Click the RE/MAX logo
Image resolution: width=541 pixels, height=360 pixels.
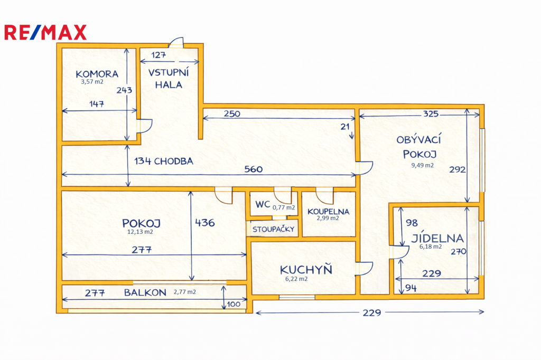click(45, 32)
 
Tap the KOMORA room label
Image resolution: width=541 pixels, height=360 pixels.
click(97, 74)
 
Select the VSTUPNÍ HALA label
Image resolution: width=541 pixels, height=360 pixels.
click(169, 78)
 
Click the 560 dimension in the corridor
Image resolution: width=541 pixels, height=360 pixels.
click(254, 169)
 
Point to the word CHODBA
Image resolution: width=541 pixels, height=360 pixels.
click(173, 161)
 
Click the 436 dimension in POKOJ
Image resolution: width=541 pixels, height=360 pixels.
click(205, 223)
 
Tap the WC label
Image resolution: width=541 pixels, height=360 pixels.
click(263, 204)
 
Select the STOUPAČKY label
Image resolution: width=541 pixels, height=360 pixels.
click(274, 229)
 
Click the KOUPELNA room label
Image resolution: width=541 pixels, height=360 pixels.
click(329, 211)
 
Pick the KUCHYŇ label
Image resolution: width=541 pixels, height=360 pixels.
click(306, 269)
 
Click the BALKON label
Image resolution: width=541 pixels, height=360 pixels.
click(145, 292)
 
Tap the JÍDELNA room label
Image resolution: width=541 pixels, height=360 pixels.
click(437, 238)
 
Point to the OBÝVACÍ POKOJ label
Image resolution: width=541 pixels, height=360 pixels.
click(419, 147)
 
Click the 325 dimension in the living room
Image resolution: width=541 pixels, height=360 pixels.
click(431, 113)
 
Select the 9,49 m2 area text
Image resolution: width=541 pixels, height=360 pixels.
click(422, 165)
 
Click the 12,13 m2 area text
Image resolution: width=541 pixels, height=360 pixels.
click(140, 232)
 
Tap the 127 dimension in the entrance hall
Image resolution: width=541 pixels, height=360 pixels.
click(158, 55)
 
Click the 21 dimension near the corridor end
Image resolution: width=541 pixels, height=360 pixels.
click(345, 127)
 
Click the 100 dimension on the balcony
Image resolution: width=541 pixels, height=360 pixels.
click(234, 304)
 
